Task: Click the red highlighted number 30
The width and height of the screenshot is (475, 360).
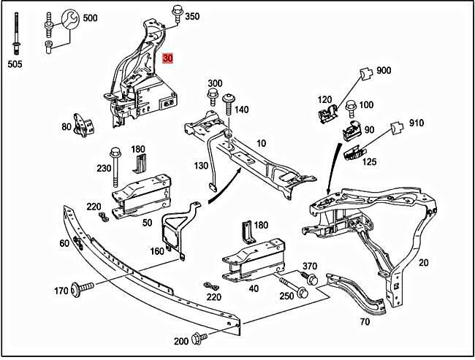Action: (x=168, y=58)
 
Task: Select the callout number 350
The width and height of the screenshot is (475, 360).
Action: (x=191, y=16)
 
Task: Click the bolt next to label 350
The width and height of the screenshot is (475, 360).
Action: (x=176, y=12)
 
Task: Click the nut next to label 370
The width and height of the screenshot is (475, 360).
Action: (x=312, y=280)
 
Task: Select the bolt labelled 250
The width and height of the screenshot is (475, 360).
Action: (x=291, y=284)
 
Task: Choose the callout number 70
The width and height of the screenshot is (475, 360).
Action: (x=365, y=321)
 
